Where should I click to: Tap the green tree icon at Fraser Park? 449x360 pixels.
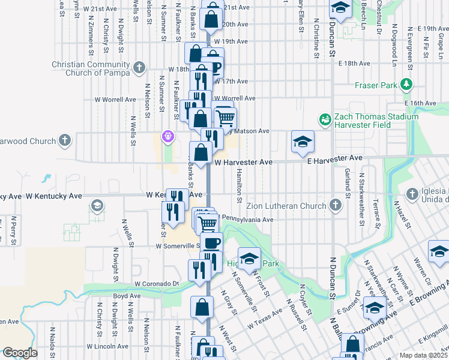407,85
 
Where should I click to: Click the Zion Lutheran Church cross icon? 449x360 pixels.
335,206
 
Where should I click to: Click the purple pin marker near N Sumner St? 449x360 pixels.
168,137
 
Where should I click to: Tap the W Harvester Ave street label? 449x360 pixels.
244,163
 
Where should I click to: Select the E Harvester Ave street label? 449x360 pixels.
336,158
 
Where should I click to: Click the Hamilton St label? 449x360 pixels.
239,184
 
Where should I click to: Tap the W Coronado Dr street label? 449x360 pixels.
157,283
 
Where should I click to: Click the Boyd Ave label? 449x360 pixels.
127,296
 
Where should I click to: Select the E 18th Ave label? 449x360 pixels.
354,63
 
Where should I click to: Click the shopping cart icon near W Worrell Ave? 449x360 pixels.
225,117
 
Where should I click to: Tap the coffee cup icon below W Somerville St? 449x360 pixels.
211,243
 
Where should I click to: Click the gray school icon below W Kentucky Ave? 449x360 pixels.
95,206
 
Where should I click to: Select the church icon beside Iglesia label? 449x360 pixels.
412,194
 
